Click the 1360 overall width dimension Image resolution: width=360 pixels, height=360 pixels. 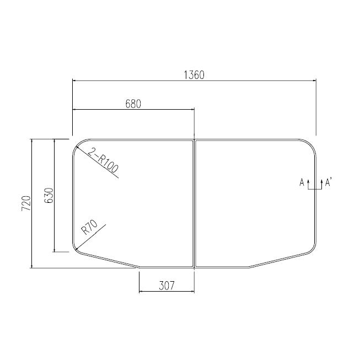[x=194, y=75]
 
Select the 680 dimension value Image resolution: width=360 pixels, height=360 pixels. [x=133, y=104]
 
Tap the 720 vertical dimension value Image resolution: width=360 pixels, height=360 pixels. [x=25, y=204]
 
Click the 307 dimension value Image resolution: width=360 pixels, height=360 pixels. [x=166, y=285]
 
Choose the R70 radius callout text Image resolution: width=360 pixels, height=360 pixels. [x=89, y=227]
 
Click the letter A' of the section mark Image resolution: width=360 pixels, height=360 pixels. [x=329, y=182]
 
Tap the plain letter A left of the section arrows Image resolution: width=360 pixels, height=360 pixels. [x=302, y=182]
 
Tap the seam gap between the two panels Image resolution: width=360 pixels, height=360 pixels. [x=195, y=204]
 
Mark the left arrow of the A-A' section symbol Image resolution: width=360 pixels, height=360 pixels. [x=308, y=182]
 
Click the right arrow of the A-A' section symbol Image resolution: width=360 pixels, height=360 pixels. [x=321, y=182]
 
